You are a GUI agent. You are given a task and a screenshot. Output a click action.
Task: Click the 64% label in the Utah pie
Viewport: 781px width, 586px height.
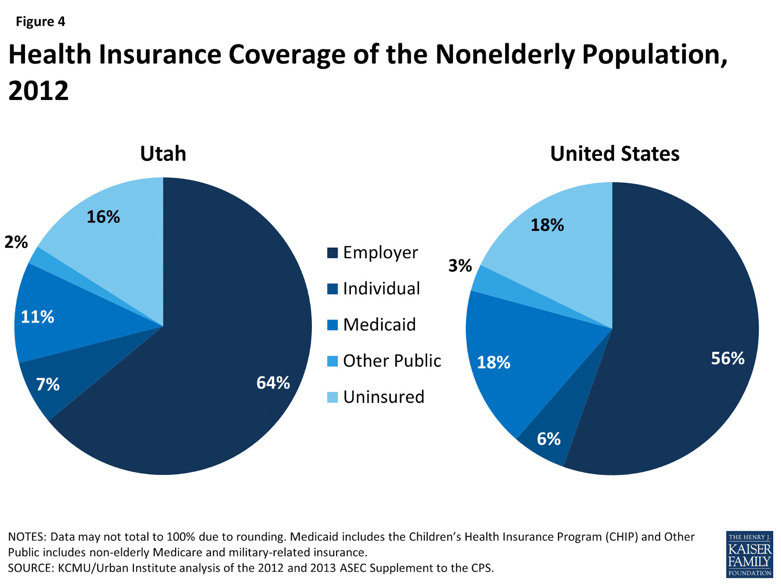click(273, 382)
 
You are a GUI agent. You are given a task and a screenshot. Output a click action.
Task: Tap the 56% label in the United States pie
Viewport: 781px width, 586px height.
click(727, 358)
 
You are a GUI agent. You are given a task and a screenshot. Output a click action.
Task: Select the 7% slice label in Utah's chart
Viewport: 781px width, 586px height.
click(48, 384)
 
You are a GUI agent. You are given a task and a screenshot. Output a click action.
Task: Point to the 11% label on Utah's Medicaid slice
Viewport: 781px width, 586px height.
click(38, 316)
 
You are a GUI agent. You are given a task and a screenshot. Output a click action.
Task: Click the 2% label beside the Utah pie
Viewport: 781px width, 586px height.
click(16, 242)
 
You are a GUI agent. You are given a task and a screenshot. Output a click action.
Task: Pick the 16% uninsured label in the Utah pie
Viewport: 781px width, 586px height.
click(103, 217)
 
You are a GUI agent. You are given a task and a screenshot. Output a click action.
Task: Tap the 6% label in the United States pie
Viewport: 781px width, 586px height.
click(549, 439)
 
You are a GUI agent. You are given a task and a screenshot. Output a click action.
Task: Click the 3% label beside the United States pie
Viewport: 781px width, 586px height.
click(460, 266)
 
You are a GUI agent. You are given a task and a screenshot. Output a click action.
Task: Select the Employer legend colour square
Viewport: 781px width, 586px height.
click(332, 253)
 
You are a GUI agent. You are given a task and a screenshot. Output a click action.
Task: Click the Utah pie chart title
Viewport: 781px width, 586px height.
click(163, 154)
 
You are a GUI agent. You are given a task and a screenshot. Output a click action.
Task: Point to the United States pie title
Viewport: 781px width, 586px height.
click(615, 154)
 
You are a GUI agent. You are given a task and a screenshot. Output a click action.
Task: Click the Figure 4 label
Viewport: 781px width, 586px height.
click(40, 21)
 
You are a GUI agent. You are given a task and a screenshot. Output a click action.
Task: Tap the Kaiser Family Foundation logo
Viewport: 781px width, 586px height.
click(749, 554)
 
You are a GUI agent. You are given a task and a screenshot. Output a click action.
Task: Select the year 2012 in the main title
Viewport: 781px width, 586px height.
click(38, 91)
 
